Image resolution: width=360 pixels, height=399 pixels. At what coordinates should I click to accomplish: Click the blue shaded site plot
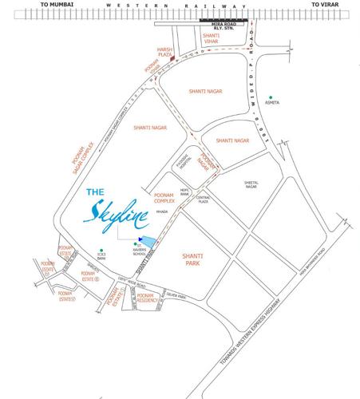tap(147, 241)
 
